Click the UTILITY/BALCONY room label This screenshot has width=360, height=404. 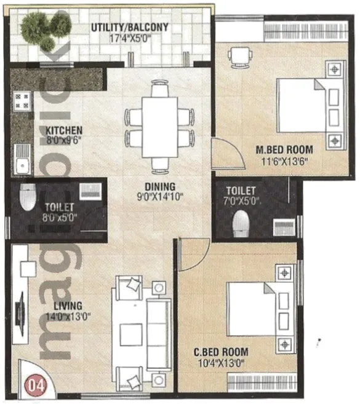click(130, 27)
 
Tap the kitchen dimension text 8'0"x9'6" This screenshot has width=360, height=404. click(64, 140)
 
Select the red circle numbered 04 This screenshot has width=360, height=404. click(36, 385)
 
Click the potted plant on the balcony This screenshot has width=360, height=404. click(44, 29)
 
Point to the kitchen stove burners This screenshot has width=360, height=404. click(22, 101)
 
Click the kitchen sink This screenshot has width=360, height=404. click(22, 159)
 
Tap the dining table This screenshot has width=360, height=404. click(159, 127)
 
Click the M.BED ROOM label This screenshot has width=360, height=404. click(284, 150)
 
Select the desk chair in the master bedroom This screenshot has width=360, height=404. click(240, 57)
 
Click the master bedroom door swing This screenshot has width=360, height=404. click(228, 154)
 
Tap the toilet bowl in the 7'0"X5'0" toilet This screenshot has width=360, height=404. click(241, 224)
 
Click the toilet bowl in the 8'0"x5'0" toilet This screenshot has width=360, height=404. click(28, 197)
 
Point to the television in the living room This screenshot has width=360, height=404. click(21, 314)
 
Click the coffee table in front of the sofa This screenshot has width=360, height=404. click(131, 335)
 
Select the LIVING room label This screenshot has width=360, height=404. click(68, 306)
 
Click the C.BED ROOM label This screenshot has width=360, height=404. click(221, 352)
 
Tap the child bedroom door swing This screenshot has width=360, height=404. click(194, 255)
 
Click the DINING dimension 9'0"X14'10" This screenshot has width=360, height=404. click(160, 197)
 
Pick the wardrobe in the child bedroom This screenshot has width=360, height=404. click(262, 382)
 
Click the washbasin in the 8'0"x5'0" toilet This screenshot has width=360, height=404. click(90, 191)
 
